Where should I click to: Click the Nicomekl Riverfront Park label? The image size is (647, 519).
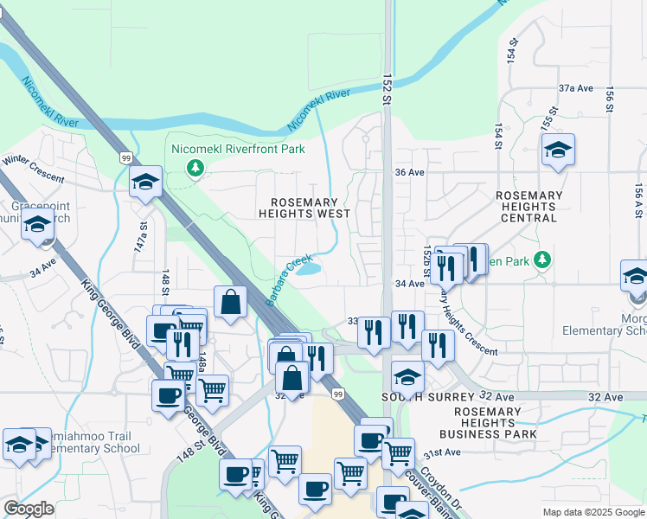[x=239, y=150]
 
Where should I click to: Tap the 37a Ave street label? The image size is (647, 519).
[x=575, y=88]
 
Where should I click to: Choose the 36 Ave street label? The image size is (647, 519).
[x=409, y=172]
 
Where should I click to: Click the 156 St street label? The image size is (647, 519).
[x=610, y=99]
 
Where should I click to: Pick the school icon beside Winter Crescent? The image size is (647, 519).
[x=145, y=182]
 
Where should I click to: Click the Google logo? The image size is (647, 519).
[x=29, y=508]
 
